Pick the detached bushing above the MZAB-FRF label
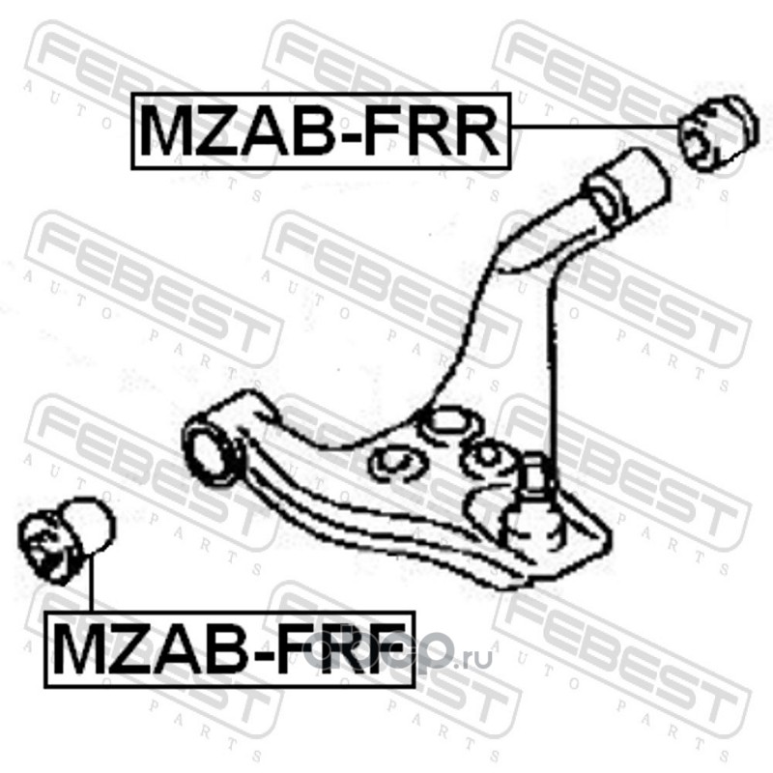pos(67,537)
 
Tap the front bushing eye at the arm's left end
pos(212,444)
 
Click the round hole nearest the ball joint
pos(485,454)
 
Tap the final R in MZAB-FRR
pos(473,131)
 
